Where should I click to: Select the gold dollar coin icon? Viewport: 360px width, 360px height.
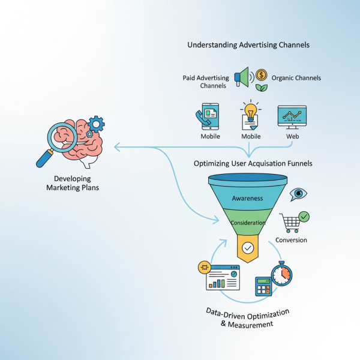261,75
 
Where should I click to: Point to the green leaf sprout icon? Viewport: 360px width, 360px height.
262,88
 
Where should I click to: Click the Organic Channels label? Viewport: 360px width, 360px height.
296,78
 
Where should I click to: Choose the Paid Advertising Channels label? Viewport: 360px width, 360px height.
206,82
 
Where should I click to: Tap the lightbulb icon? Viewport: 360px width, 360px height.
250,112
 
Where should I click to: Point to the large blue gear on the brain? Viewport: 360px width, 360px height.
96,124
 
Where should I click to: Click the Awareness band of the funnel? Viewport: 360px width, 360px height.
247,198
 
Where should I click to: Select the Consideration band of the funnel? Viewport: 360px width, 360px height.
247,223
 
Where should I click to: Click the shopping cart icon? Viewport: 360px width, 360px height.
292,223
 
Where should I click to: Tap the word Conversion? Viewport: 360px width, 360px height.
291,240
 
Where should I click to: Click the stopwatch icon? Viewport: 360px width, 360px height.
281,274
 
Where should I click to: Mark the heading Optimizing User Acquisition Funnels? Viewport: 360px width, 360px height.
253,163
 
